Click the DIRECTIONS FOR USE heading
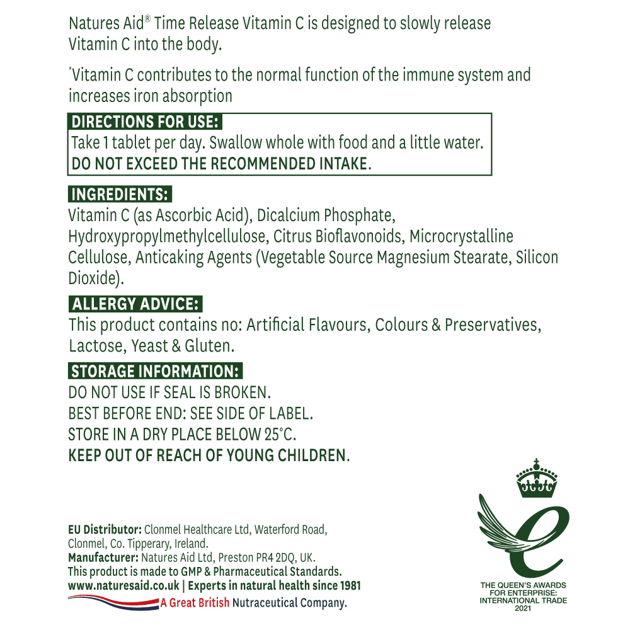(x=146, y=122)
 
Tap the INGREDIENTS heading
(x=120, y=194)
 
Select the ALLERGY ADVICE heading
(x=135, y=304)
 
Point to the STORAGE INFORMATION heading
(x=155, y=371)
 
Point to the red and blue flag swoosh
(x=113, y=602)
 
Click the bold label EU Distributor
(x=105, y=529)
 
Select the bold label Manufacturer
(x=103, y=558)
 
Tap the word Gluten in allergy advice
(x=211, y=346)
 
